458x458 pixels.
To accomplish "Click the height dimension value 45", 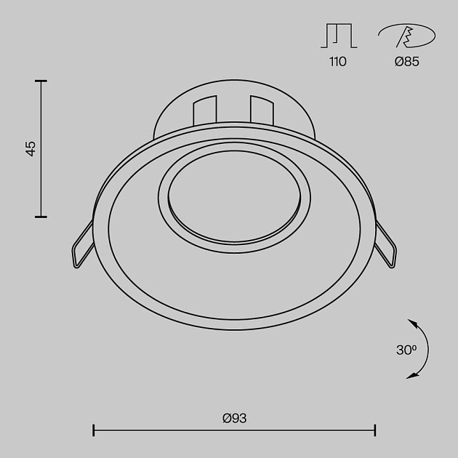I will pyautogui.click(x=31, y=148).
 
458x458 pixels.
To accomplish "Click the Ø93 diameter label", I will pyautogui.click(x=234, y=418).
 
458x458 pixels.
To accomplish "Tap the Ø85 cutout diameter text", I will pyautogui.click(x=407, y=62).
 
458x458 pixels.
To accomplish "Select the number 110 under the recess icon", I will pyautogui.click(x=337, y=62).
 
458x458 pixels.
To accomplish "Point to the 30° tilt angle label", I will pyautogui.click(x=406, y=350).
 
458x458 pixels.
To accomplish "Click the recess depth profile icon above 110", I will pyautogui.click(x=337, y=36).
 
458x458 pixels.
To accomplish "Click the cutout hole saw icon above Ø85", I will pyautogui.click(x=406, y=35).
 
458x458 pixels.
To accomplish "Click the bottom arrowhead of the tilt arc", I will pyautogui.click(x=411, y=375).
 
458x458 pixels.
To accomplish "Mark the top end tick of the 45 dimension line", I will pyautogui.click(x=41, y=81).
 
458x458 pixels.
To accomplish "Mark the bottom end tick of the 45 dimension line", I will pyautogui.click(x=41, y=216).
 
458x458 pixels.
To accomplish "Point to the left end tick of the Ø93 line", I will pyautogui.click(x=94, y=430).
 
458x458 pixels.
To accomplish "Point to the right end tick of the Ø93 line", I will pyautogui.click(x=375, y=430).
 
